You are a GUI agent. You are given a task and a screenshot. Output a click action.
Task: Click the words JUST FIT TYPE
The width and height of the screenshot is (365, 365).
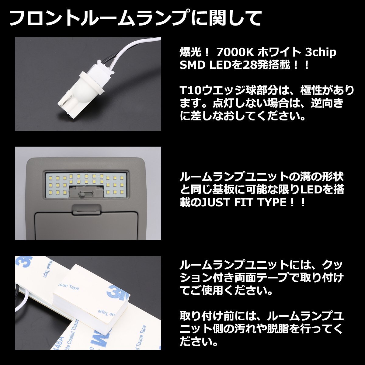pos(243,202)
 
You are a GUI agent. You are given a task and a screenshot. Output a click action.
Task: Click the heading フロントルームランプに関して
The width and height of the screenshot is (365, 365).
pos(135,19)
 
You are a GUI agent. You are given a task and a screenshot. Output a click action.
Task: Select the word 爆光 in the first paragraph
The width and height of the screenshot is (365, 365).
pos(191,53)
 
